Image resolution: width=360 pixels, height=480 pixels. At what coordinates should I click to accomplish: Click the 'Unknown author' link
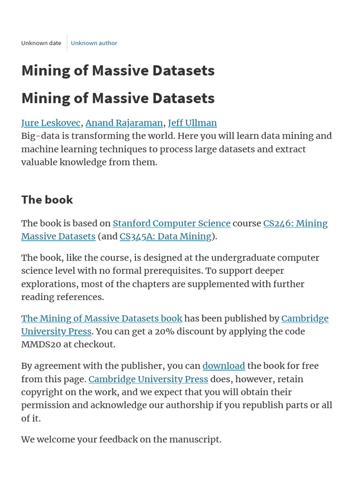[x=94, y=43]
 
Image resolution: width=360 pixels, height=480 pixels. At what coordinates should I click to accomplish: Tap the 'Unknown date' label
[x=41, y=43]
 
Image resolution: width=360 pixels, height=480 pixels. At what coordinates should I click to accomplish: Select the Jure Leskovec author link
[x=51, y=123]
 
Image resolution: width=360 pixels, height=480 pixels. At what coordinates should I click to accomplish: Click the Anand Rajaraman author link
[x=124, y=123]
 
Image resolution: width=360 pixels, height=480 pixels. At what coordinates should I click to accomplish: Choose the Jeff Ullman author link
[x=192, y=123]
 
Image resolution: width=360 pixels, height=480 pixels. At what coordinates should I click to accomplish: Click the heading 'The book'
[x=47, y=200]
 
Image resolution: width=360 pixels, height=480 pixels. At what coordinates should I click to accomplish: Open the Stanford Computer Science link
[x=172, y=223]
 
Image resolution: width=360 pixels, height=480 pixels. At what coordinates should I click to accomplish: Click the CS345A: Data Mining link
[x=165, y=236]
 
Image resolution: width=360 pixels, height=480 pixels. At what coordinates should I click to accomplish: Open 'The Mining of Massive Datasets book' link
[x=102, y=318]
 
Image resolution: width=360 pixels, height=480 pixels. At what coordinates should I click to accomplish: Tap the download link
[x=224, y=366]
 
